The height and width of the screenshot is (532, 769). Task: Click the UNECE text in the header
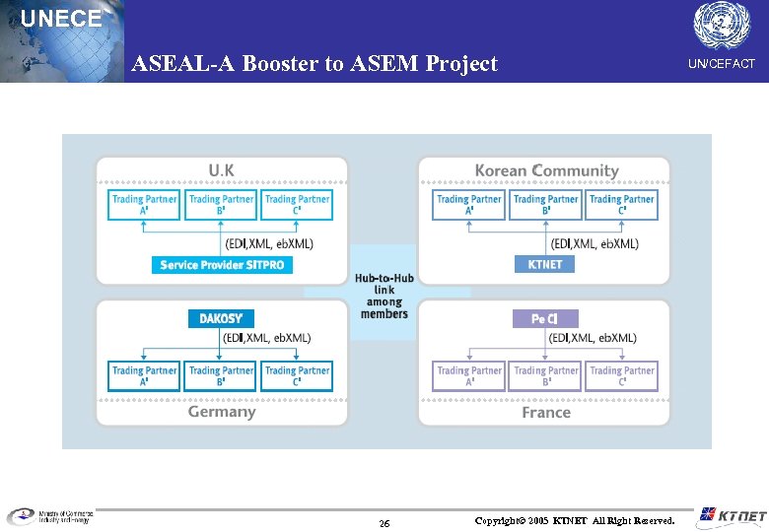60,19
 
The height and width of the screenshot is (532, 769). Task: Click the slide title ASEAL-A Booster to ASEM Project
315,64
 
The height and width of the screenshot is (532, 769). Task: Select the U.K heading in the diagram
221,170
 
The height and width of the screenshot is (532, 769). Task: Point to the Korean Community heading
546,170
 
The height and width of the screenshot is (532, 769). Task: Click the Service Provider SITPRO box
222,265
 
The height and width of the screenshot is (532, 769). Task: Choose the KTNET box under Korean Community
544,265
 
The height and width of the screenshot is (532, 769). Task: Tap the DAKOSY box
221,318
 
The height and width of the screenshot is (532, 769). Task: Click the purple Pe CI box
545,318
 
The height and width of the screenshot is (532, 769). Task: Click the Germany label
222,412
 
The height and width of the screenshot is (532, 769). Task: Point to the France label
546,413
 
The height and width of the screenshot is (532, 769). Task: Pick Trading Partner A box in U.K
144,205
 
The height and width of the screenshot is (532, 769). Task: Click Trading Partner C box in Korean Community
621,205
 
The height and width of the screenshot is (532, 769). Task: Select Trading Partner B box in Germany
220,375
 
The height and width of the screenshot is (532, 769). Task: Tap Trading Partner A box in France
469,375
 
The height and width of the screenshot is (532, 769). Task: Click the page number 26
384,522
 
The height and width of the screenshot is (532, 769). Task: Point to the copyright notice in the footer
575,519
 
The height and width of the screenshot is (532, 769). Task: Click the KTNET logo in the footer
731,516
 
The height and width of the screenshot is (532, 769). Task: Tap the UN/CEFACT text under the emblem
721,64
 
